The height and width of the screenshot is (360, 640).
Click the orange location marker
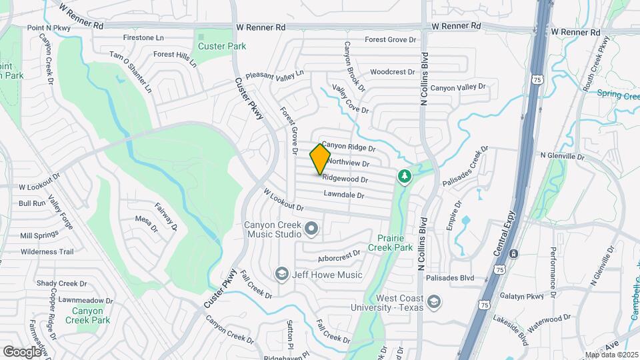[x=320, y=159]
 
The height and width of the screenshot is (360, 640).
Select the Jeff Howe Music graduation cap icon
[x=282, y=274]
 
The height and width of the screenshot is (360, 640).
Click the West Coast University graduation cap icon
[x=434, y=302]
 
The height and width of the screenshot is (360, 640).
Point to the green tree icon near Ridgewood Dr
[x=403, y=176]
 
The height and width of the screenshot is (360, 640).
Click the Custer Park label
[x=222, y=46]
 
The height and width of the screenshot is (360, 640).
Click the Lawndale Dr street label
[x=344, y=195]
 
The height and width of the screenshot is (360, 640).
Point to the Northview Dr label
[x=348, y=163]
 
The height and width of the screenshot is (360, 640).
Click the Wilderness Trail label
[x=47, y=252]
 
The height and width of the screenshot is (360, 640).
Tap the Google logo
[x=21, y=351]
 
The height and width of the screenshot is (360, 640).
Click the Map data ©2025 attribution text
[x=611, y=355]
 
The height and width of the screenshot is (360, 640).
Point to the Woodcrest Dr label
[x=393, y=71]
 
